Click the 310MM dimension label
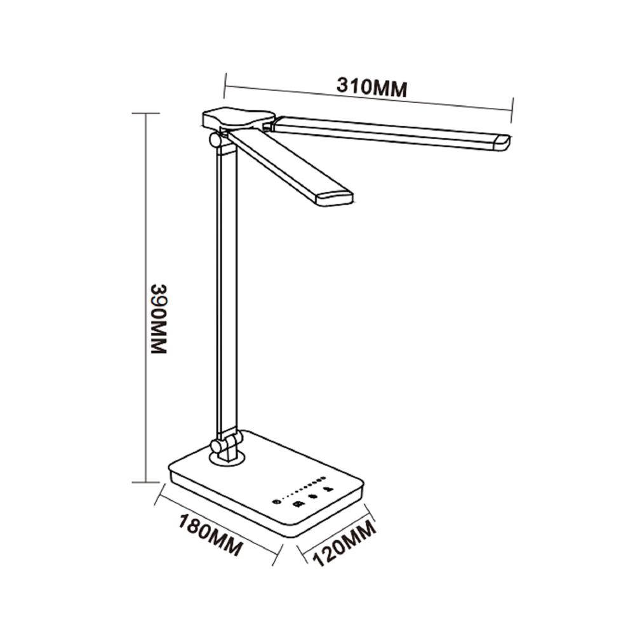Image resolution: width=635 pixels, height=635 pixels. tap(371, 87)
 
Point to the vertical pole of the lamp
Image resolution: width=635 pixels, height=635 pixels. tap(227, 286)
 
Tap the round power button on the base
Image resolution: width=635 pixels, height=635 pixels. tap(275, 502)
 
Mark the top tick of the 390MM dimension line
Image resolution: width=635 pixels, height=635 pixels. tap(146, 113)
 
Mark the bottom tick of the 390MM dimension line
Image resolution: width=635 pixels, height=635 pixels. tap(146, 482)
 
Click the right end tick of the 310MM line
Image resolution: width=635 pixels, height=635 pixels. tap(512, 104)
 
